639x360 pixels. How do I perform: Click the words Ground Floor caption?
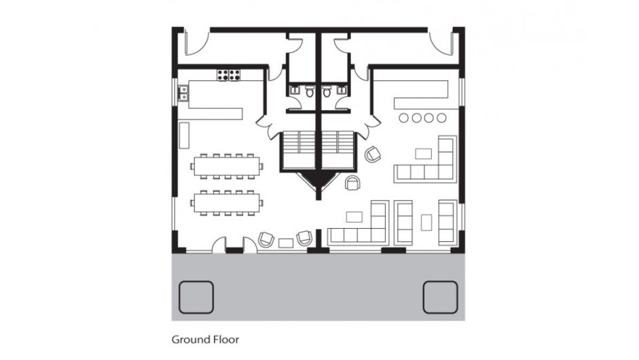tap(205, 338)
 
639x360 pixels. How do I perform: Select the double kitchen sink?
tap(183, 92)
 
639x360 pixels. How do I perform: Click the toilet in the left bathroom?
tap(310, 94)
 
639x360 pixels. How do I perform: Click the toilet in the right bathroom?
tap(327, 94)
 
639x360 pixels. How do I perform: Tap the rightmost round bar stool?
tap(442, 118)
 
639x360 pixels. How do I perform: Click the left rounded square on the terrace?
tap(196, 297)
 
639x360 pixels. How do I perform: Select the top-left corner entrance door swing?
tap(193, 44)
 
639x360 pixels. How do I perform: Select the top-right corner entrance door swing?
tap(441, 44)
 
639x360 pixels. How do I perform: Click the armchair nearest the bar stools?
tap(373, 154)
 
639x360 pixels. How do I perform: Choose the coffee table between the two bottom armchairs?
tap(286, 241)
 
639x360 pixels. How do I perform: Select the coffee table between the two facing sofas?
tap(426, 221)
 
